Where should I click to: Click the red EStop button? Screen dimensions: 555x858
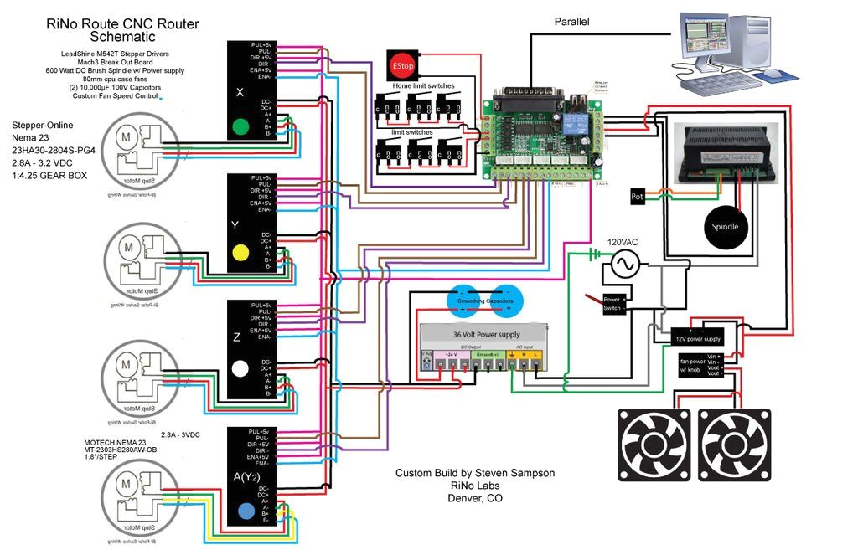coord(398,64)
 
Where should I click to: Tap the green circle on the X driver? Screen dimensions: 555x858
coord(240,127)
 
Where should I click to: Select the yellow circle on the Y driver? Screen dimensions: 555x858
coord(240,251)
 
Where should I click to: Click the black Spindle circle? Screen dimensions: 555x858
coord(726,227)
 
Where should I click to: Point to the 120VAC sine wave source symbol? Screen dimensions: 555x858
coord(624,266)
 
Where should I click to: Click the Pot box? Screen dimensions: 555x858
coord(637,197)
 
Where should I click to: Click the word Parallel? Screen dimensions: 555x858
coord(571,22)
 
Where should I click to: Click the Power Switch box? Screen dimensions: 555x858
coord(612,303)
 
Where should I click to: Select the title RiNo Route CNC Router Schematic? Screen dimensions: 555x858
coord(122,30)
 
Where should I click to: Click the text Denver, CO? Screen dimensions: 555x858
coord(474,498)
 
